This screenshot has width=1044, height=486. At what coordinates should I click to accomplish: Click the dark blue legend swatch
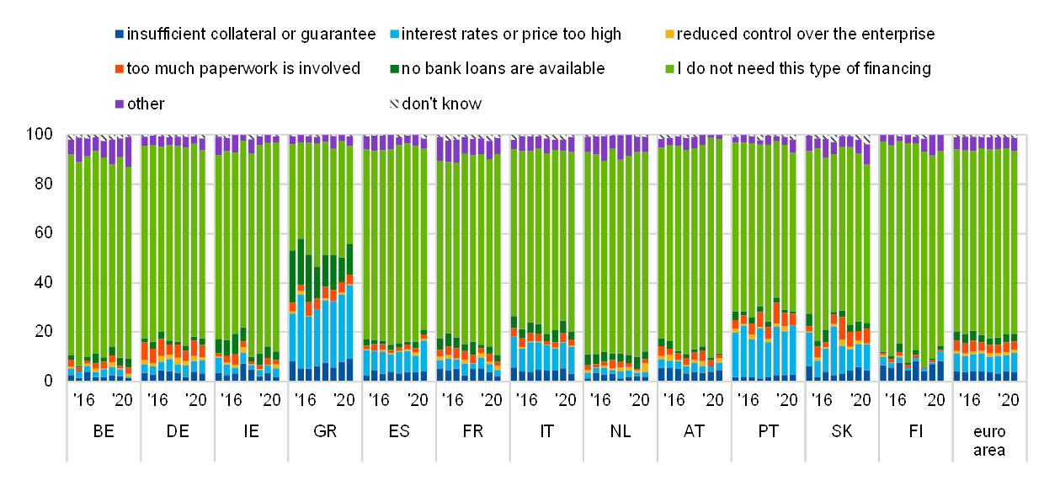pos(119,35)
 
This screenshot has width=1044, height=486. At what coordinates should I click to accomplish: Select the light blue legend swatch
pos(394,35)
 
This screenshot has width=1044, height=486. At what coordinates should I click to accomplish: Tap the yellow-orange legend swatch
pos(670,35)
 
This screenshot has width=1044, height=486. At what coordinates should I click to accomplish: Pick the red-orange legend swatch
pos(119,69)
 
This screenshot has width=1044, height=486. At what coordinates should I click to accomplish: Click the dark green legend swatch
pos(394,69)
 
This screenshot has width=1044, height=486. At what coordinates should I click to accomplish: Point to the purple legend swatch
pos(119,104)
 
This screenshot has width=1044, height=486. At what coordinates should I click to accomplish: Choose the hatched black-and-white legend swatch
pos(394,104)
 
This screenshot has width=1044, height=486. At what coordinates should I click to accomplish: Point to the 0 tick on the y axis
pos(49,381)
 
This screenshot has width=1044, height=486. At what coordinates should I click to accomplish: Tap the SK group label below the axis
pos(841,431)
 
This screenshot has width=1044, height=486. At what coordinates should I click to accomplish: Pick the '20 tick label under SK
pos(860,399)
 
